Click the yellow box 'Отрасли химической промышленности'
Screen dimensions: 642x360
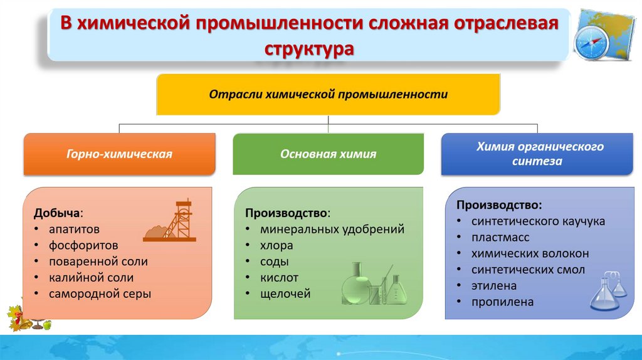click(328, 95)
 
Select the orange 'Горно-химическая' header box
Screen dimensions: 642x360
click(119, 154)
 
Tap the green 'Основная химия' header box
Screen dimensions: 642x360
click(328, 154)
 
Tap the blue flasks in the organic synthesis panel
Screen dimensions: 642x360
click(608, 290)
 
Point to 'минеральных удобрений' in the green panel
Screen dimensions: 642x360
click(332, 229)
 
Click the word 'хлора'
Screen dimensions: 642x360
click(276, 245)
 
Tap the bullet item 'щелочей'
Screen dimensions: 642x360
click(285, 293)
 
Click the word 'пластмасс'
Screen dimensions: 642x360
click(500, 238)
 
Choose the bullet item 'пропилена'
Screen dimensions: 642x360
click(503, 302)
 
